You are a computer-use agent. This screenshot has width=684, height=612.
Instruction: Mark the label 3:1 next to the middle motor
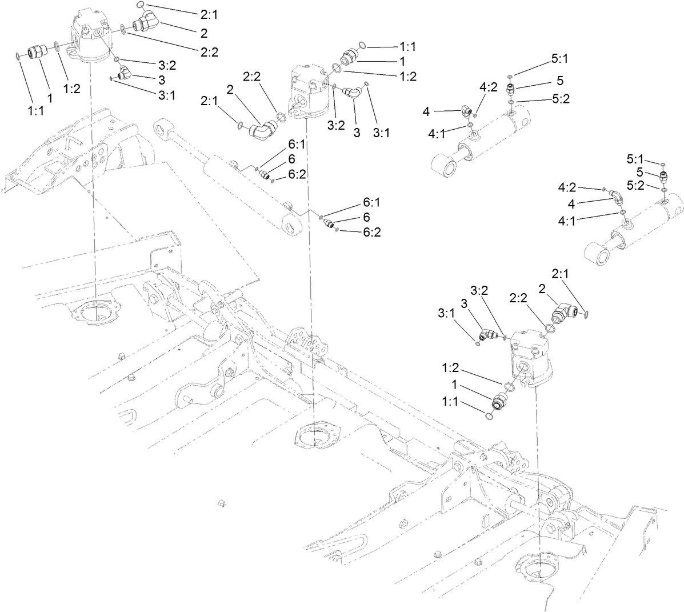click(382, 133)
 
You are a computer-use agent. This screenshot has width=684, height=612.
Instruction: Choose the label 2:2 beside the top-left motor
click(209, 52)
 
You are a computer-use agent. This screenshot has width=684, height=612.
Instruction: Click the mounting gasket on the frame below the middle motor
click(314, 435)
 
